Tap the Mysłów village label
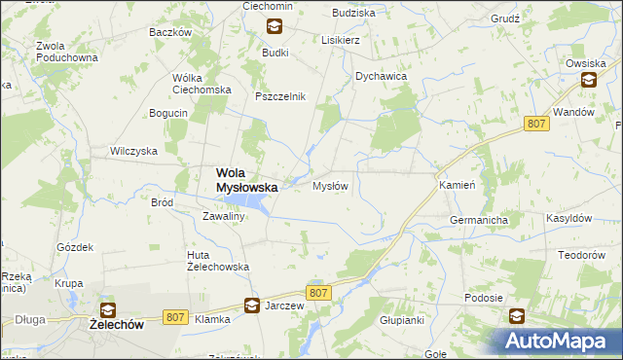(329, 186)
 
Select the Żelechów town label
(116, 326)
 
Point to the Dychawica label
(380, 76)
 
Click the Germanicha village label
(479, 221)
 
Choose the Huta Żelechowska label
(218, 261)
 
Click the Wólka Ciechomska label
(201, 84)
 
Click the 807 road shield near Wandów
(534, 124)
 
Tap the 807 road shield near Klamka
(175, 316)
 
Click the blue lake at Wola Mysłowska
(249, 202)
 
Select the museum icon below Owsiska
(589, 82)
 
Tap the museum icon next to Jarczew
(251, 305)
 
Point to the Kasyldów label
(569, 219)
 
